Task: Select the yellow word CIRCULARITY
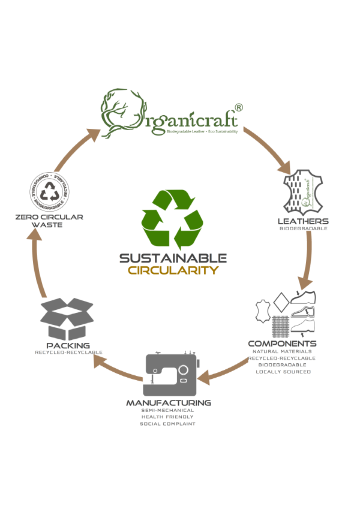173,270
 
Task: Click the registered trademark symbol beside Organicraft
239,107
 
